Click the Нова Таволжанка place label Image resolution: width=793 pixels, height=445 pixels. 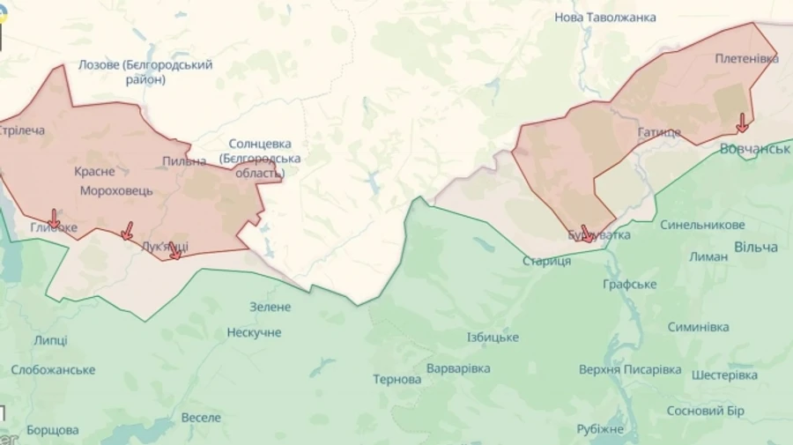(604, 17)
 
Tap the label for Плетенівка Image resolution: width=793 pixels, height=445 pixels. (746, 58)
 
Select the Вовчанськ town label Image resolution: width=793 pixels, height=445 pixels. (754, 148)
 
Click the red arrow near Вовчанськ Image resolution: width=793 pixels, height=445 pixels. (742, 122)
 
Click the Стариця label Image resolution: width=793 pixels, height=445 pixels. (546, 261)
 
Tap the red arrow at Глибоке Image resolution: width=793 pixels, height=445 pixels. (54, 218)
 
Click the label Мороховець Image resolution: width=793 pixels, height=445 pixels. (116, 190)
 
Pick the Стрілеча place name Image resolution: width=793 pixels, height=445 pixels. (21, 130)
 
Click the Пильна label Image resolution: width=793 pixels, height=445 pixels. (184, 161)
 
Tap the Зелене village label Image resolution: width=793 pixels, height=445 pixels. (270, 307)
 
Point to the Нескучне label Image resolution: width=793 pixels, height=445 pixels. (254, 332)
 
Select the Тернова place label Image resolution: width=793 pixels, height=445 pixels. (396, 379)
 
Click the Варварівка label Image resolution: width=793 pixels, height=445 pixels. (457, 367)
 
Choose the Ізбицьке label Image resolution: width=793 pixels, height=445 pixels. (493, 337)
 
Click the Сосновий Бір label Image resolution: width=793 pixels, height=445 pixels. (705, 411)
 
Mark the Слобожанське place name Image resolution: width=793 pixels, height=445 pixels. (54, 369)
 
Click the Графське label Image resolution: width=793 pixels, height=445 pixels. (629, 284)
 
